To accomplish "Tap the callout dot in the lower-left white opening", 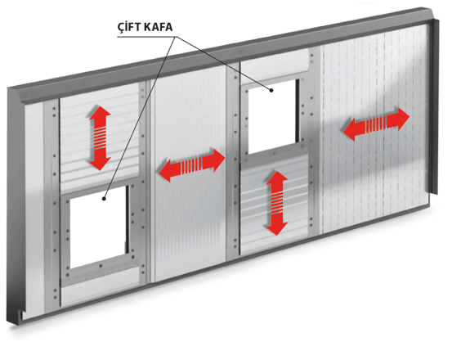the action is click(x=104, y=199).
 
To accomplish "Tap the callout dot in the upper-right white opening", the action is click(x=271, y=90).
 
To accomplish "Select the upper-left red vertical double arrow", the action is click(x=100, y=138).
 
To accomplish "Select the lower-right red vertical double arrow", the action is click(x=277, y=203).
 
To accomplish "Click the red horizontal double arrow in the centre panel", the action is click(x=192, y=165).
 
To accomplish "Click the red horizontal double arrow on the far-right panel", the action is click(x=376, y=124).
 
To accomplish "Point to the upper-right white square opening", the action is click(x=272, y=116).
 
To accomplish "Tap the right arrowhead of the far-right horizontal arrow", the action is click(x=401, y=119).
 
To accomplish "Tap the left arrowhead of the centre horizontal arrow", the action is click(x=168, y=171).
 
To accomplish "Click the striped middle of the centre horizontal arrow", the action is click(x=191, y=165).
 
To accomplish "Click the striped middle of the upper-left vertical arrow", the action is click(x=100, y=138).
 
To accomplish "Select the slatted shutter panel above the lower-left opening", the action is click(x=100, y=138).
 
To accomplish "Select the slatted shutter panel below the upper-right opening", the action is click(x=275, y=205).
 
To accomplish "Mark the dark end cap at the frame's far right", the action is click(x=435, y=106).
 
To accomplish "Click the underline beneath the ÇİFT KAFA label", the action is click(x=146, y=37).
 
